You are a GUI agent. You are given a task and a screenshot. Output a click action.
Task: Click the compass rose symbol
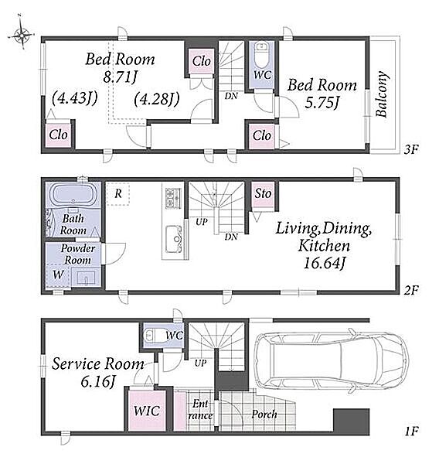pos(22,36)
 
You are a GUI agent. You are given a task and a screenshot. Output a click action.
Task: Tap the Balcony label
pos(382,94)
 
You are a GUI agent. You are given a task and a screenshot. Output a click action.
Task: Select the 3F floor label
pos(411,149)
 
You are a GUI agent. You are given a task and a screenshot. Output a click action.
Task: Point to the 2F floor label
pos(411,290)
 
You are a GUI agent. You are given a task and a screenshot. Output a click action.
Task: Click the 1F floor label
pos(411,432)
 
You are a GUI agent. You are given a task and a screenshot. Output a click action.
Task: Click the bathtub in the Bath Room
pos(73,195)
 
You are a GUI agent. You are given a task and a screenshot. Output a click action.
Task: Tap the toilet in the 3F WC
pos(261,55)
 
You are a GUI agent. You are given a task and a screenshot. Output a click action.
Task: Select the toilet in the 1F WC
pos(154,336)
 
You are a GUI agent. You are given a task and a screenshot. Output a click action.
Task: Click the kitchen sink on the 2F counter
pos(173,239)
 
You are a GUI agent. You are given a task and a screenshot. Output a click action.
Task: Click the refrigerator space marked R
pos(118,194)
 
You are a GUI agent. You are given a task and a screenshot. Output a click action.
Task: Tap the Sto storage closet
pos(263,194)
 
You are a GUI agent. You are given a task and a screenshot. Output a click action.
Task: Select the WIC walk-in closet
pos(147,411)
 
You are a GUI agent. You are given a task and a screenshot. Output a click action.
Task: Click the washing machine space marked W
pos(58,275)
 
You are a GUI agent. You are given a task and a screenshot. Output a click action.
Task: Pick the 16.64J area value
pos(325,263)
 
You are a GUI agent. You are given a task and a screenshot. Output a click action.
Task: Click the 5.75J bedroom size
pos(322,103)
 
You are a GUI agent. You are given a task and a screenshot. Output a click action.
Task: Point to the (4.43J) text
pos(74,98)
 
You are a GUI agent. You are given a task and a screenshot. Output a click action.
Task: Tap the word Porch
pos(264,415)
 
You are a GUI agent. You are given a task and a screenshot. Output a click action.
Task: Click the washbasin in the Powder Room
pos(86,278)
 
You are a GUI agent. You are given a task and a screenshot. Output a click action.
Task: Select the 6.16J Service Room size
pos(98,382)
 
